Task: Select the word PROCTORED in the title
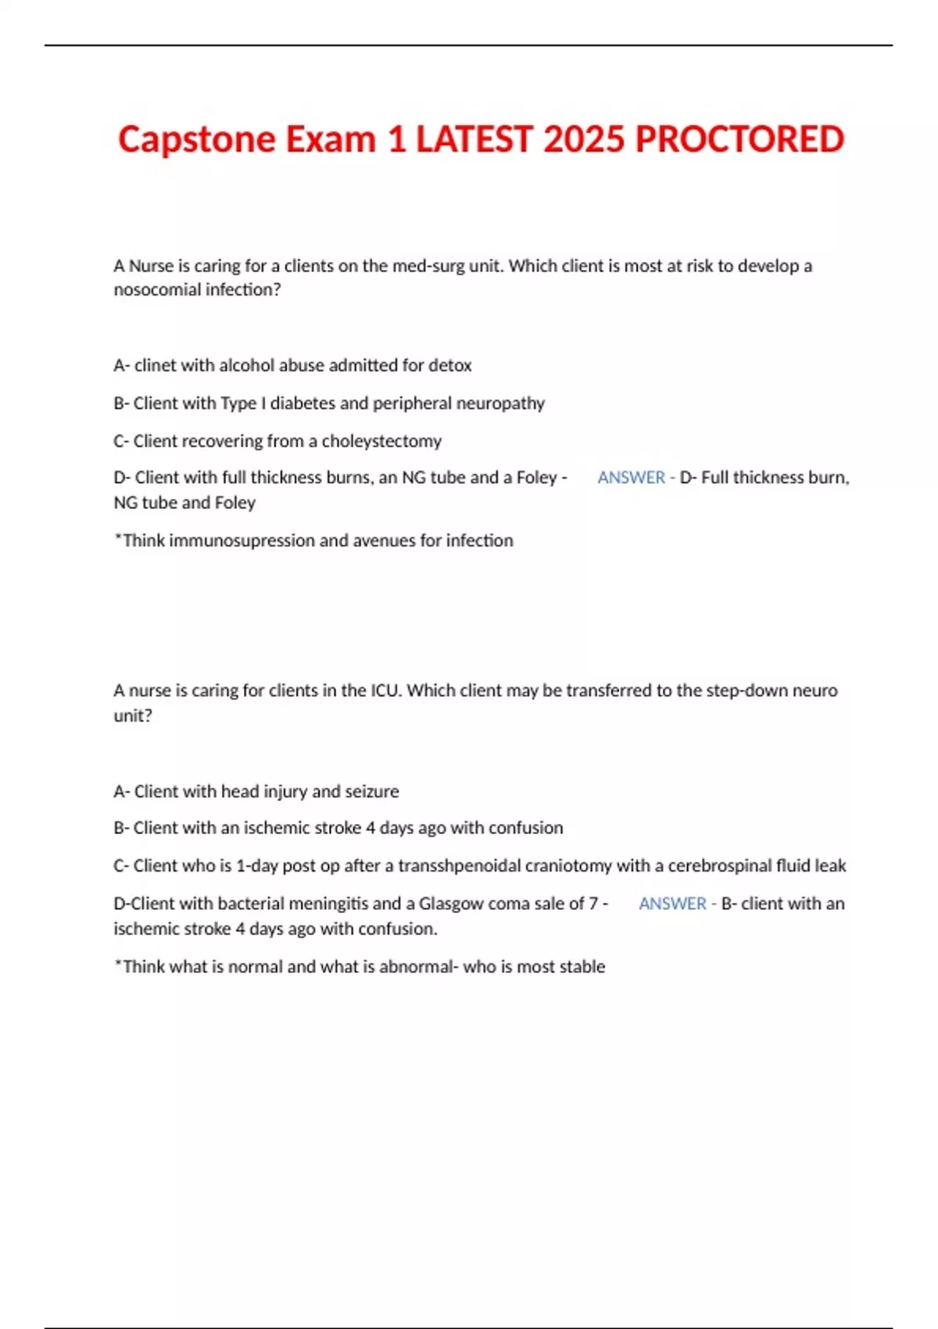739,140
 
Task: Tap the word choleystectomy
381,441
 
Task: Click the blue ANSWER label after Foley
631,478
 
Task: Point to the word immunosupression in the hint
242,541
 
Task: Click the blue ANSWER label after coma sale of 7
672,904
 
